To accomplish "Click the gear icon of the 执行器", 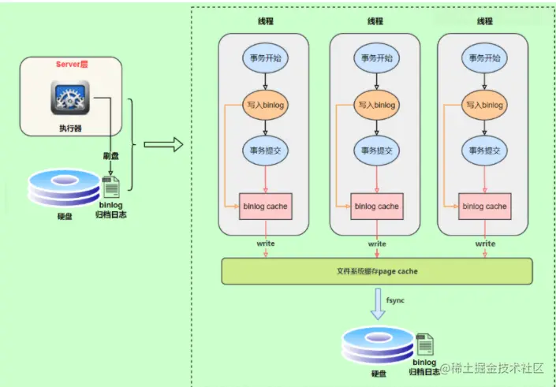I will pyautogui.click(x=70, y=99).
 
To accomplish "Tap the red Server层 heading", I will pyautogui.click(x=71, y=64).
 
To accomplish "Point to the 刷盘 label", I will pyautogui.click(x=110, y=154).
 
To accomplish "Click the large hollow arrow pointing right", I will pyautogui.click(x=163, y=144).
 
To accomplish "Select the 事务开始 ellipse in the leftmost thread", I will pyautogui.click(x=267, y=58).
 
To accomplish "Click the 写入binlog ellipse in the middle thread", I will pyautogui.click(x=376, y=105).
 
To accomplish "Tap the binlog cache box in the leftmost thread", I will pyautogui.click(x=267, y=207).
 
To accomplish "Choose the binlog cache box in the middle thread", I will pyautogui.click(x=376, y=207).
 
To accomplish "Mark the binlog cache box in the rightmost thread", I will pyautogui.click(x=484, y=207).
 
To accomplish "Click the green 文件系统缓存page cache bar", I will pyautogui.click(x=376, y=270).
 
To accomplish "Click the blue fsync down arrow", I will pyautogui.click(x=379, y=303).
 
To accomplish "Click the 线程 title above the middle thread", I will pyautogui.click(x=376, y=20).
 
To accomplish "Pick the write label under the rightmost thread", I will pyautogui.click(x=485, y=244).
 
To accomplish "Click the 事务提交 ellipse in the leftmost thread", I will pyautogui.click(x=267, y=151).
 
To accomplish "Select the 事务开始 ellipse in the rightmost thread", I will pyautogui.click(x=484, y=58).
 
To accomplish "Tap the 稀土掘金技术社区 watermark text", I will pyautogui.click(x=498, y=368).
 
